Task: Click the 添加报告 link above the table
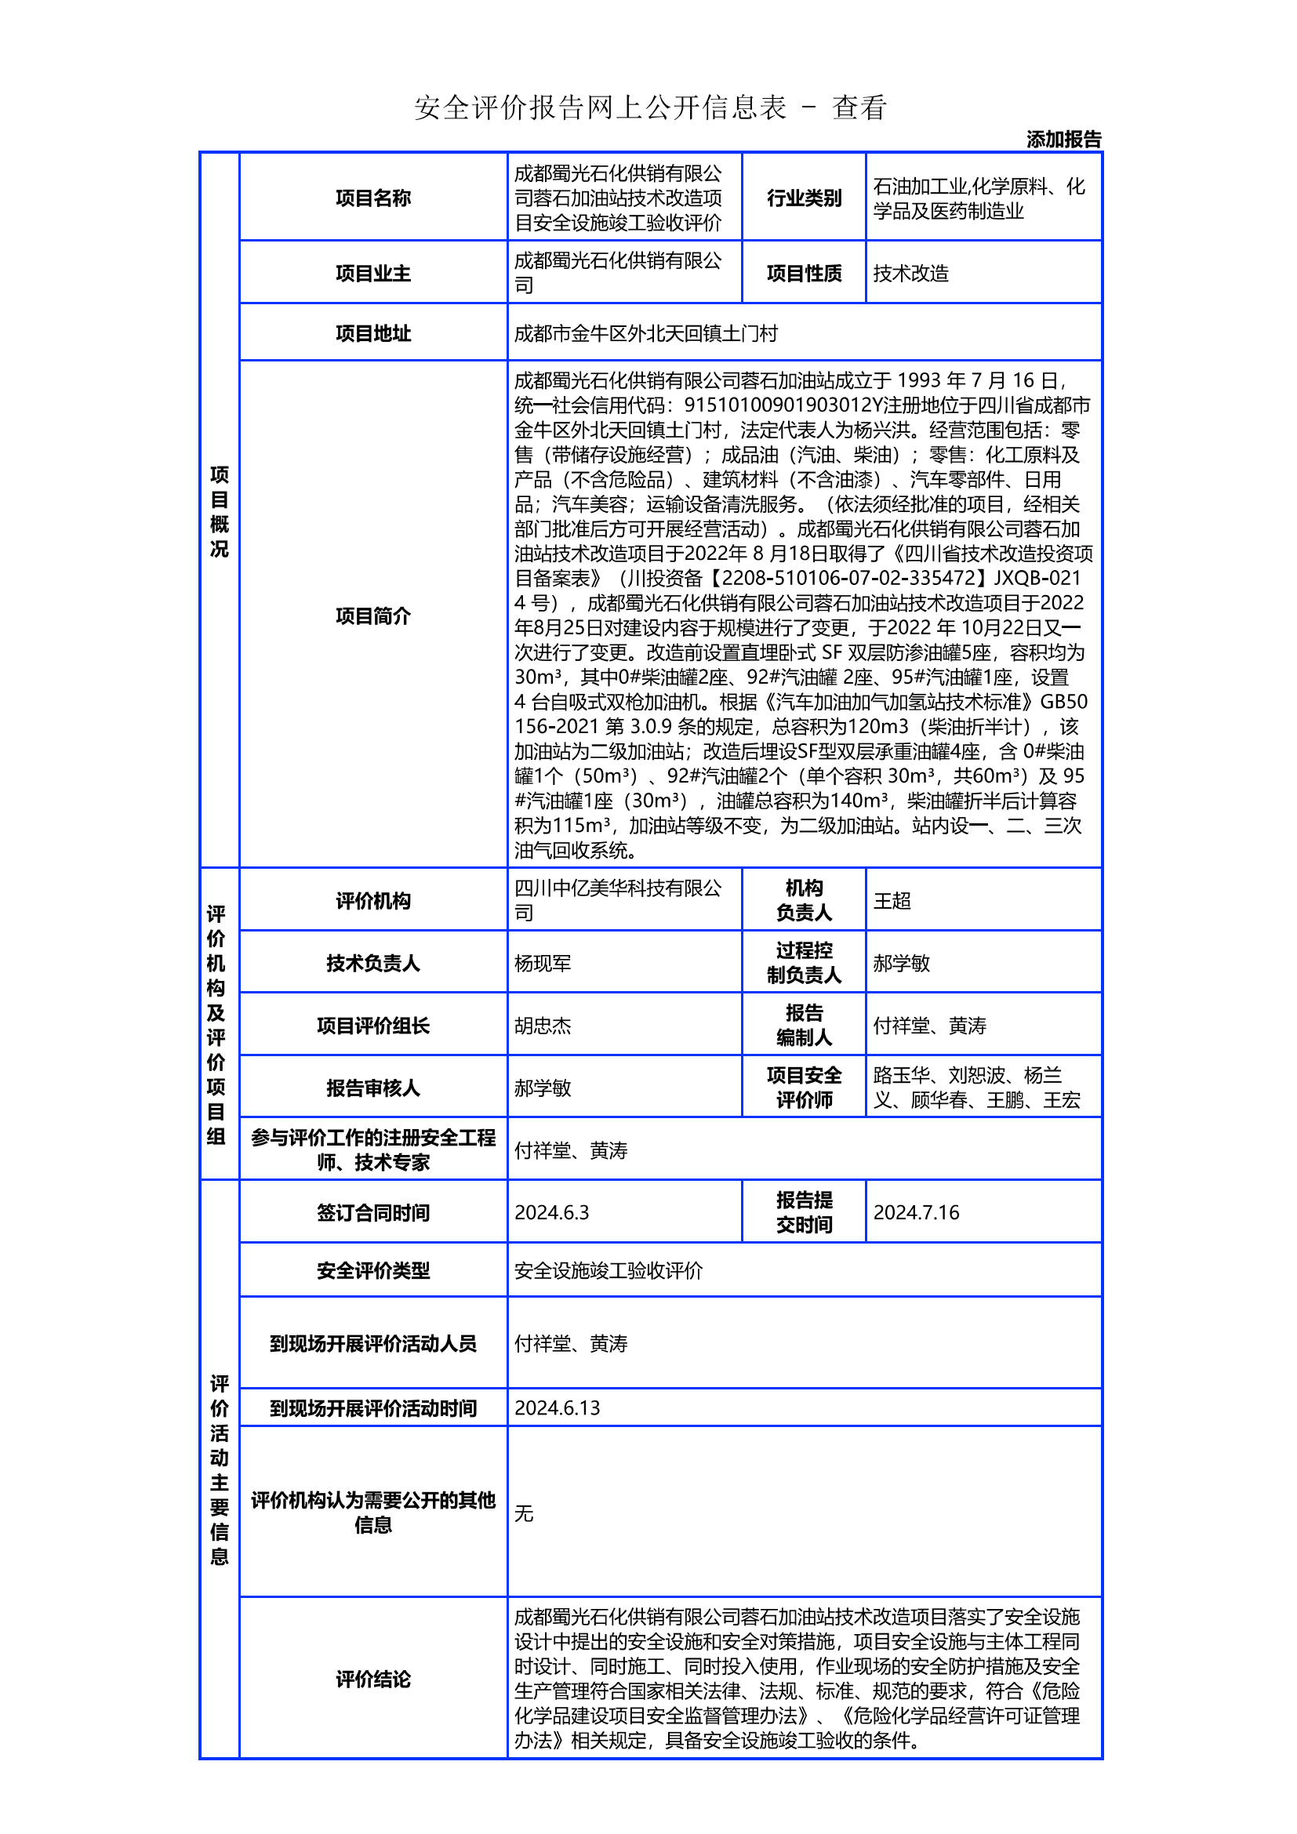coord(1063,140)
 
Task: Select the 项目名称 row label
coord(373,198)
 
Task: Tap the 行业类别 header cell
coord(804,198)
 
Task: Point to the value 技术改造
coord(910,273)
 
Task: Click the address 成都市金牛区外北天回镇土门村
coord(645,333)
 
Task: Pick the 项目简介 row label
coord(373,616)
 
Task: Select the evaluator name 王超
coord(892,901)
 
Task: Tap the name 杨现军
coord(543,964)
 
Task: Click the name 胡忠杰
coord(543,1026)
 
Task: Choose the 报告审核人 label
coord(373,1088)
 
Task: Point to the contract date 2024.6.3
coord(551,1212)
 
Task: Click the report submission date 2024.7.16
coord(915,1212)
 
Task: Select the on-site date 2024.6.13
coord(557,1408)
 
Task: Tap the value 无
coord(524,1513)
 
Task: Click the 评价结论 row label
coord(373,1679)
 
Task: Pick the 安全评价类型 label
coord(373,1271)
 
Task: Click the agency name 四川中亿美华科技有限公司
coord(617,900)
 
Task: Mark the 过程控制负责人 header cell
coord(804,963)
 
